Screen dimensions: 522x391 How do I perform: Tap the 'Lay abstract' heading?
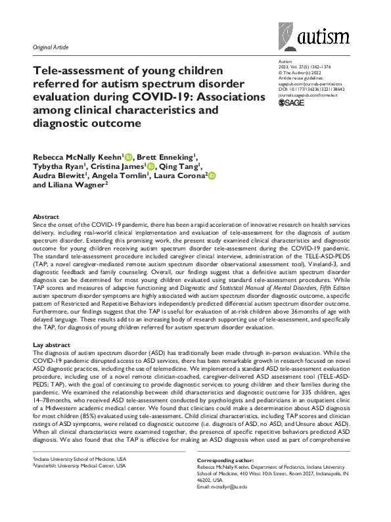pos(51,345)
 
